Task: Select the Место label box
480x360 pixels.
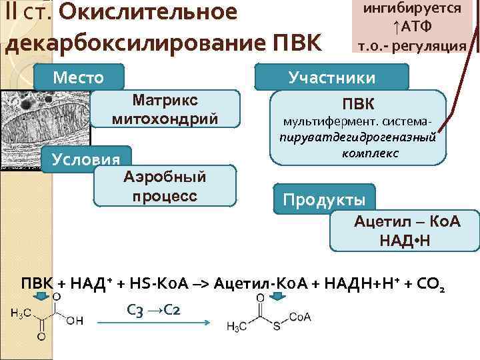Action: (79, 77)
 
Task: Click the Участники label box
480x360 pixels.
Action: (331, 77)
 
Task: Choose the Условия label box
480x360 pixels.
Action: (81, 160)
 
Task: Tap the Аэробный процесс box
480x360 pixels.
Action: (165, 186)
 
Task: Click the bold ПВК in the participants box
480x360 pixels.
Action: (358, 105)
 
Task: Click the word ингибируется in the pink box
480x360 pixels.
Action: (412, 9)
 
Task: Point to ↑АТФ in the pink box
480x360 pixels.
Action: (411, 27)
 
